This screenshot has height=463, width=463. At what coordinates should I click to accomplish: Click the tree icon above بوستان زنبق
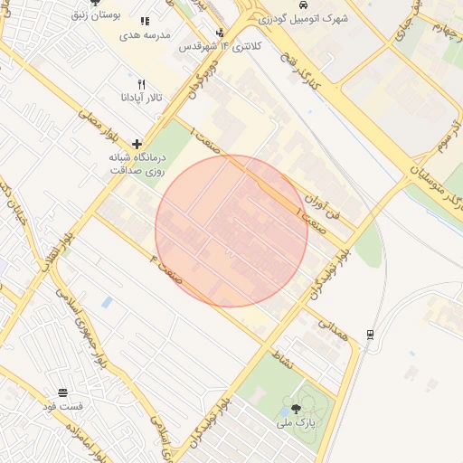[x=95, y=3]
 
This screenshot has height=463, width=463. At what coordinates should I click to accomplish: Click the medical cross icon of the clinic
[x=137, y=144]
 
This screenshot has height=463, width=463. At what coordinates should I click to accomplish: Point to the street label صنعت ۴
[x=166, y=269]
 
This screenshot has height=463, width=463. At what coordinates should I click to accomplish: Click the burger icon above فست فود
[x=62, y=393]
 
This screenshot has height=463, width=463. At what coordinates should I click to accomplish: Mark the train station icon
[x=371, y=335]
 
